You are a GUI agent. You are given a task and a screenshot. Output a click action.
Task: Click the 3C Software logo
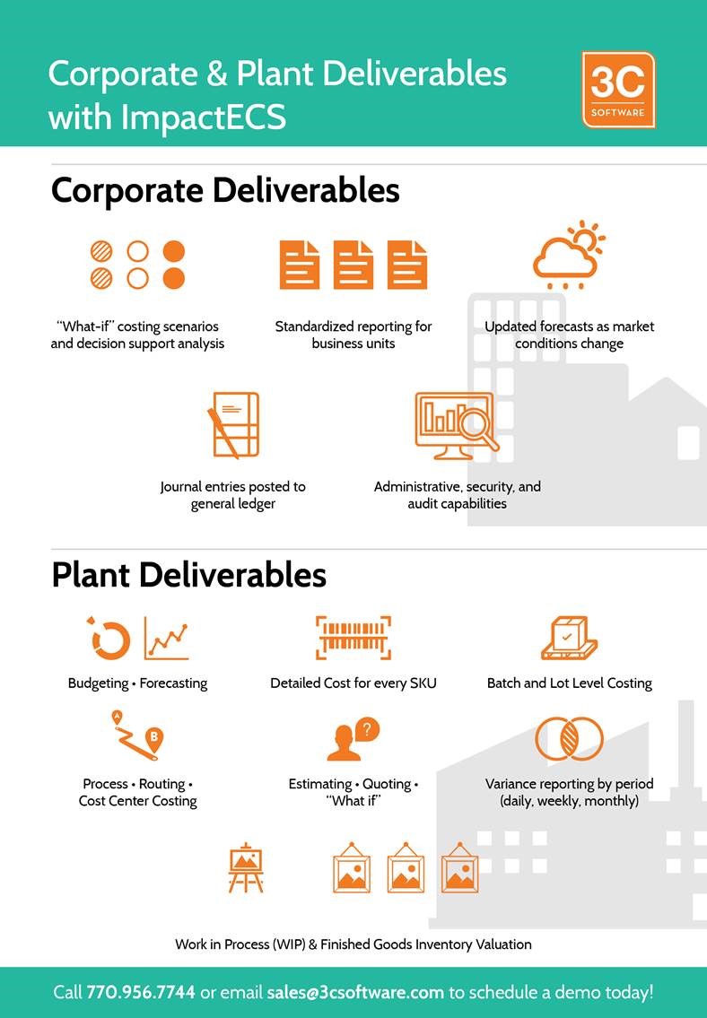618,90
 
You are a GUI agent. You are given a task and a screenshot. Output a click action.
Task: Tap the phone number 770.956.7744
141,992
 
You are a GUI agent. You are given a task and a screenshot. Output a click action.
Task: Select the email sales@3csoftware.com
355,992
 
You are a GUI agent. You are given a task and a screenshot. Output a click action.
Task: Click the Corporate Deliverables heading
225,190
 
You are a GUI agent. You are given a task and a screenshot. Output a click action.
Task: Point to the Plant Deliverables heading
189,575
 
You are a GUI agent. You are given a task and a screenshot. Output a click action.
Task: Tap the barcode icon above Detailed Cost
353,638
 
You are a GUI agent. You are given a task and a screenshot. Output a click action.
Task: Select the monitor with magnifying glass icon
457,424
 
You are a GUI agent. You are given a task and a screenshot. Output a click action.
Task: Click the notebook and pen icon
233,424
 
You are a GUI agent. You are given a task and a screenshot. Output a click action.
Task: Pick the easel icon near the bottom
246,868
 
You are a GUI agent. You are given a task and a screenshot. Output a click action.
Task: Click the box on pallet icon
570,638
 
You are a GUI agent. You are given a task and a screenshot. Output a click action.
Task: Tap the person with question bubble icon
353,739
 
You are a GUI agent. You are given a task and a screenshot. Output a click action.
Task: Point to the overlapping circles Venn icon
570,738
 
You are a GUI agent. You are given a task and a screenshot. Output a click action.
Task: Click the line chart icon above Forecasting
167,638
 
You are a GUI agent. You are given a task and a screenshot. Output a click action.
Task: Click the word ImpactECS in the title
203,117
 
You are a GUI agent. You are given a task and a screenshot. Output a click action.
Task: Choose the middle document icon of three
353,265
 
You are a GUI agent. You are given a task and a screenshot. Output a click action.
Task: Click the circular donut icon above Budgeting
109,639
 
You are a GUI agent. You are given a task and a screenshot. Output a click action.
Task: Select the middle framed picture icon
406,868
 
